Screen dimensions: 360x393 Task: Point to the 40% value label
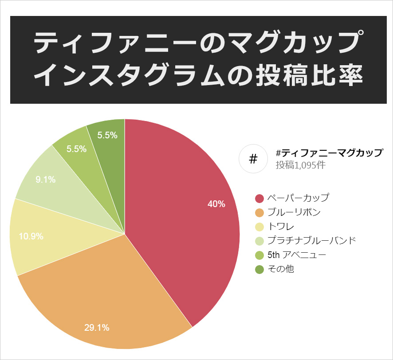(x=216, y=204)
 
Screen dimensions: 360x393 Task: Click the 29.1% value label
(x=97, y=328)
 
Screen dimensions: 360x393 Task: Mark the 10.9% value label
(x=31, y=236)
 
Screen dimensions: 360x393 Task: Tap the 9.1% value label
(x=46, y=180)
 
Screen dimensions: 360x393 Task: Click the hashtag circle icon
(x=253, y=159)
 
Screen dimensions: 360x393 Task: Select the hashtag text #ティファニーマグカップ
(x=329, y=153)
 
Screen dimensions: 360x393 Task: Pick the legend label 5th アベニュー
(x=297, y=255)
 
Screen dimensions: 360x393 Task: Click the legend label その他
(x=281, y=269)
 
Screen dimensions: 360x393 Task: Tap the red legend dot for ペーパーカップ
(x=259, y=198)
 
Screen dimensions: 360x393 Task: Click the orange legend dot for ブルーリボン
(x=259, y=212)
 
